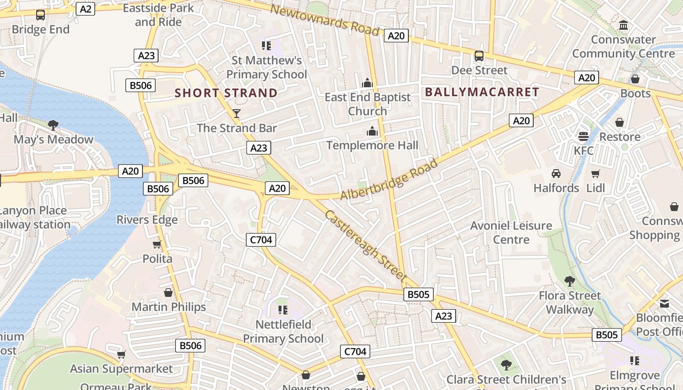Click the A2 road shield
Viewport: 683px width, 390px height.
click(85, 9)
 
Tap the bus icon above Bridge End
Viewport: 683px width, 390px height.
click(40, 15)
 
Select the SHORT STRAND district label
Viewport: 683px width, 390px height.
click(226, 93)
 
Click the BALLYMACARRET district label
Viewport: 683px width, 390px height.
click(482, 92)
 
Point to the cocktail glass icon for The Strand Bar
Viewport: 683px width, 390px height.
click(237, 114)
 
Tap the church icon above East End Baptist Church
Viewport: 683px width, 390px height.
click(367, 83)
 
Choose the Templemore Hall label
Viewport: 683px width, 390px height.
click(372, 145)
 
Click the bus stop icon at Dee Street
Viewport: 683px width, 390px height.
click(479, 56)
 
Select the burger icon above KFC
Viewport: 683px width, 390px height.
click(583, 136)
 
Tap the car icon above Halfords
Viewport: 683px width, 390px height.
click(556, 174)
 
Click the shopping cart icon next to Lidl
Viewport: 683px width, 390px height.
click(595, 174)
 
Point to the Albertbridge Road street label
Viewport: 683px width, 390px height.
click(389, 179)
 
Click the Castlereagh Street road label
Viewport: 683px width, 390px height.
click(365, 245)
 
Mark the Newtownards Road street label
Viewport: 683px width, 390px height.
click(324, 20)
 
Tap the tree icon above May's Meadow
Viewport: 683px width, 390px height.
click(53, 125)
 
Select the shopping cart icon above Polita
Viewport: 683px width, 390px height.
click(157, 244)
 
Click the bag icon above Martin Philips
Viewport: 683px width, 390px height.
click(168, 292)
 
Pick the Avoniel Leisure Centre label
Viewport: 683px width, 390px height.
click(511, 233)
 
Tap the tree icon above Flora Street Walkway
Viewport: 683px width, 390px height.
click(569, 281)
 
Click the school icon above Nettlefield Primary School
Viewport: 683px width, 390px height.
click(282, 310)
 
